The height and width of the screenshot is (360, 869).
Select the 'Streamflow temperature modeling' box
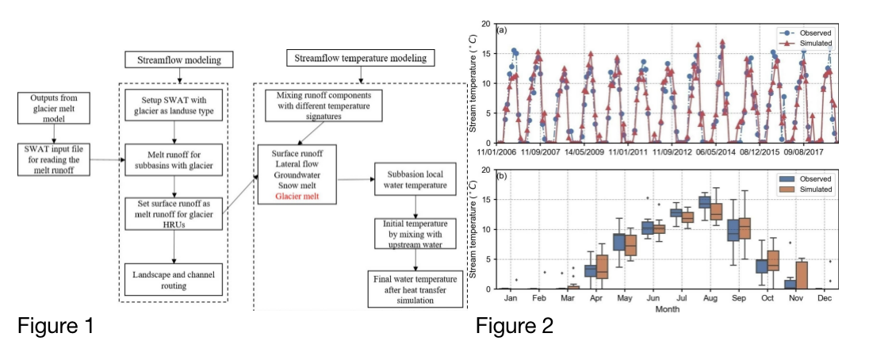pyautogui.click(x=360, y=58)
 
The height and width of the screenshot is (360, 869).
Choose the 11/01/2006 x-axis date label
pyautogui.click(x=507, y=151)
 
